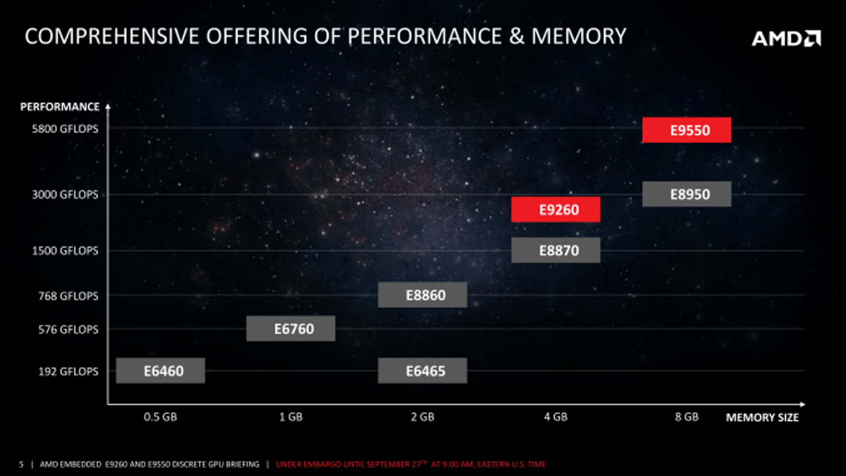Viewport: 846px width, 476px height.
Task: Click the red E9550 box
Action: [x=686, y=130]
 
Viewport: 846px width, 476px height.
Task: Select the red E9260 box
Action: [x=556, y=209]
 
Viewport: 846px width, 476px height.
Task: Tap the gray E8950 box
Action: [x=686, y=194]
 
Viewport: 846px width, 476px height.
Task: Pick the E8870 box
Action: [x=556, y=250]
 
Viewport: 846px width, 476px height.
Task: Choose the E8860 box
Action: [x=422, y=295]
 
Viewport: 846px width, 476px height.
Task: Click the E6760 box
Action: [x=291, y=328]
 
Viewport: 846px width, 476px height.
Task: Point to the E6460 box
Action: [x=160, y=371]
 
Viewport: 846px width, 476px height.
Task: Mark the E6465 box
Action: [x=422, y=371]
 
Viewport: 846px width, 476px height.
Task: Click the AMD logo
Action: [x=786, y=38]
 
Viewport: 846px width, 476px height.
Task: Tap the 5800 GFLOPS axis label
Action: [x=65, y=129]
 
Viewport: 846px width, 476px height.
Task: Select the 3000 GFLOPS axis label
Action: [x=65, y=195]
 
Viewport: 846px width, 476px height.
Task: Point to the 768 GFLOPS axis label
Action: [x=68, y=296]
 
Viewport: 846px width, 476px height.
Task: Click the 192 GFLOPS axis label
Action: [x=68, y=372]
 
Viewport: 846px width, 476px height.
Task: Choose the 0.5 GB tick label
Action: [x=160, y=417]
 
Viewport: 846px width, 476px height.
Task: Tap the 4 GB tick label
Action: [x=556, y=417]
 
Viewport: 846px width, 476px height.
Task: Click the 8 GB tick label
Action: [x=686, y=417]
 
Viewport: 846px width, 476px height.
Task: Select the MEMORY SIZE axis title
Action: [x=762, y=418]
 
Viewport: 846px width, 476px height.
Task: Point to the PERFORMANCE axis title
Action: [x=60, y=107]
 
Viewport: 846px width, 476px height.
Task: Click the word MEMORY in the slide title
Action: [x=578, y=36]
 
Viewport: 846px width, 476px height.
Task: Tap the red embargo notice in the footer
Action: [x=411, y=464]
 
